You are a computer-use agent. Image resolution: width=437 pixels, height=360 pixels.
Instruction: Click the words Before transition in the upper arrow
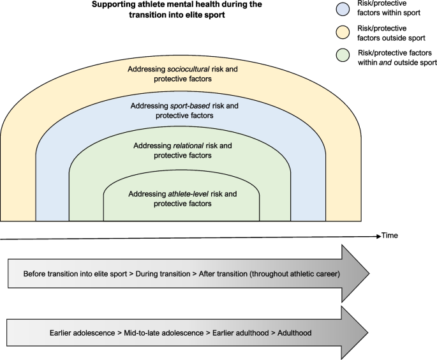(x=50, y=274)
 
